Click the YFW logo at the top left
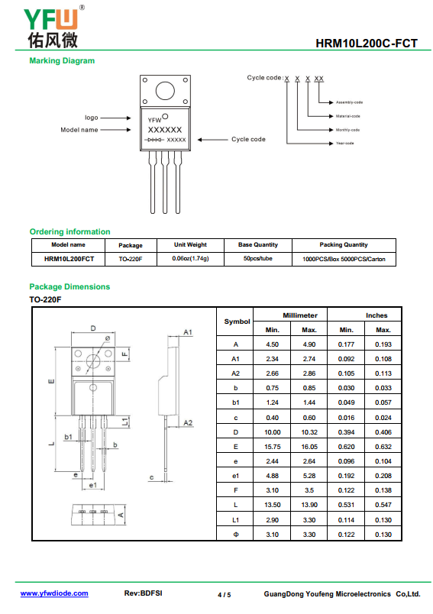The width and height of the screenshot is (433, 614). coord(53,27)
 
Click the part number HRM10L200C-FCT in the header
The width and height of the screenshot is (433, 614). coord(367,43)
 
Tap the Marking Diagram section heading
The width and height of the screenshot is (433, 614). coord(62,60)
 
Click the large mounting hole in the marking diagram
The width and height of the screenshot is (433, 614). coord(165,91)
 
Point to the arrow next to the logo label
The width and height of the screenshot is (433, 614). coord(115,118)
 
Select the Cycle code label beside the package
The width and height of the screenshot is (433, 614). coord(248,140)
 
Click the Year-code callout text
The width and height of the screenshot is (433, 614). coord(344,144)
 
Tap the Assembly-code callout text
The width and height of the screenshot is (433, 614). coord(349,102)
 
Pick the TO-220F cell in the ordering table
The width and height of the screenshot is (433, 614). coord(131,259)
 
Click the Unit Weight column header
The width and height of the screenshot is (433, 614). coord(190,244)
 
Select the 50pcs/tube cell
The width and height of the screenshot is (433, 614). coord(257,258)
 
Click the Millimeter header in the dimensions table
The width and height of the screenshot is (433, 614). coord(300,315)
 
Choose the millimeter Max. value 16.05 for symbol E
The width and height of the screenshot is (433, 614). coord(309,447)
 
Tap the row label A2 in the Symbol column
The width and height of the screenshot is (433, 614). coord(235,373)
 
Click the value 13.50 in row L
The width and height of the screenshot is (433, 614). coord(272,505)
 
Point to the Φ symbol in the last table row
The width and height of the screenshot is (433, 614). coord(236,535)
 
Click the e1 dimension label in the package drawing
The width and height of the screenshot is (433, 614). coord(93,485)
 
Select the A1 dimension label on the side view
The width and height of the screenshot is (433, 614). coord(188,332)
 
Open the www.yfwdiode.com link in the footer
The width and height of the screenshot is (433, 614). coord(54,593)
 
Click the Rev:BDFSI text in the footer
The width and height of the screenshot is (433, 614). coord(143,593)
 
